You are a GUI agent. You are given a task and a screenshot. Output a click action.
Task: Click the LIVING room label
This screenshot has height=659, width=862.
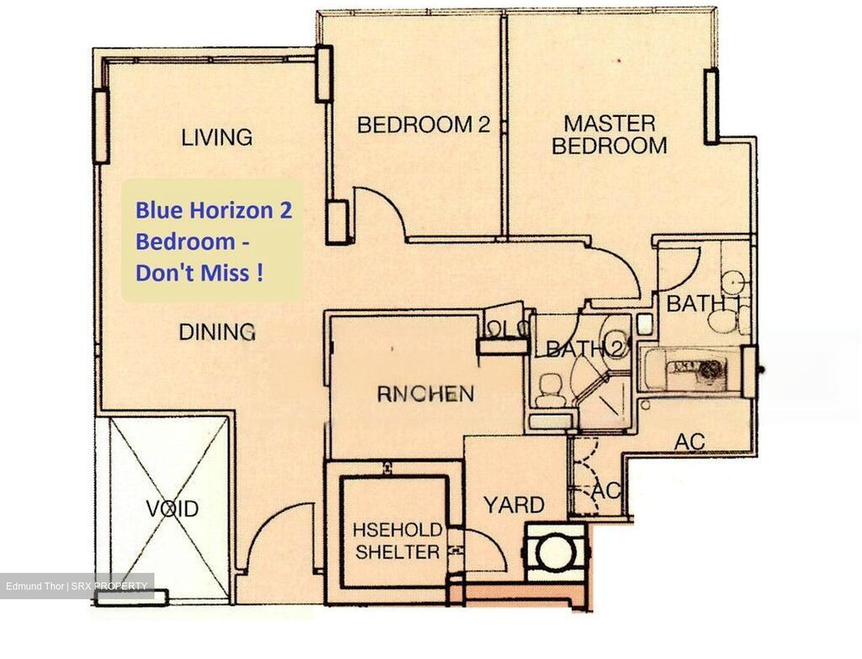pyautogui.click(x=217, y=137)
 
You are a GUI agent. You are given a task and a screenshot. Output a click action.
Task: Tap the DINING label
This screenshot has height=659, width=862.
pyautogui.click(x=217, y=331)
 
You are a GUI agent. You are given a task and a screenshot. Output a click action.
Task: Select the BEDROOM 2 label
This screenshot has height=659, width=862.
pyautogui.click(x=423, y=124)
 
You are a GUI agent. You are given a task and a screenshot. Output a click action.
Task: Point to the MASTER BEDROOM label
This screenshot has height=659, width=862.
pyautogui.click(x=609, y=135)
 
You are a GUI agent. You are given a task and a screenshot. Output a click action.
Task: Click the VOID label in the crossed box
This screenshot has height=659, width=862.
pyautogui.click(x=172, y=508)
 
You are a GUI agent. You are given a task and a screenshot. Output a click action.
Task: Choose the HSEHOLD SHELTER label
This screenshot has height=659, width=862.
pyautogui.click(x=397, y=541)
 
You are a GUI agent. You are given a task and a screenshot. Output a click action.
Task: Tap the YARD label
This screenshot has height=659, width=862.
pyautogui.click(x=514, y=505)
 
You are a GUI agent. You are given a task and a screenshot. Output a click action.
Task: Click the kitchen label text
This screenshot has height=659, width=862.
pyautogui.click(x=426, y=393)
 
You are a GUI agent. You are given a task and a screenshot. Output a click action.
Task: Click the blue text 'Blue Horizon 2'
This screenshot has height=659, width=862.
pyautogui.click(x=214, y=210)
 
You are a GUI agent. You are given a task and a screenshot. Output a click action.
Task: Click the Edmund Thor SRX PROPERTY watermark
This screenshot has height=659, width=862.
pyautogui.click(x=77, y=586)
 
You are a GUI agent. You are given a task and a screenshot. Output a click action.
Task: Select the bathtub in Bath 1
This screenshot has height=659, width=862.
pyautogui.click(x=688, y=369)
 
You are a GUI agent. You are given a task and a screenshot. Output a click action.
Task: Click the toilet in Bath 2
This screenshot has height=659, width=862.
pyautogui.click(x=550, y=389)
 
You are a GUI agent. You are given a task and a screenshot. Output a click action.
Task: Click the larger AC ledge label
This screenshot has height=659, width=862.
pyautogui.click(x=689, y=442)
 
